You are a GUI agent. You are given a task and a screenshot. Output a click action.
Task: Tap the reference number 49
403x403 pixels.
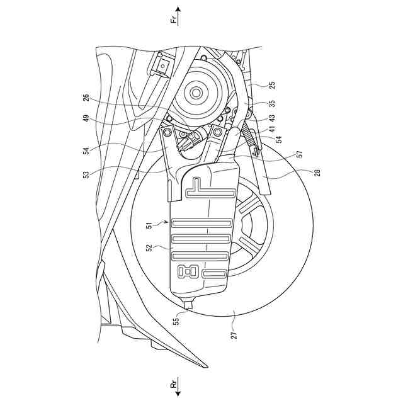pyautogui.click(x=86, y=119)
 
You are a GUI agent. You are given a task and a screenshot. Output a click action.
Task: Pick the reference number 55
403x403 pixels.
pyautogui.click(x=176, y=321)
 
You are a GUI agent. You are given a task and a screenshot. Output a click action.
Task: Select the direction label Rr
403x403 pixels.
pyautogui.click(x=175, y=383)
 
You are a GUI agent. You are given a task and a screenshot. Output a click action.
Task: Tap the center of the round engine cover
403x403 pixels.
pyautogui.click(x=195, y=93)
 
